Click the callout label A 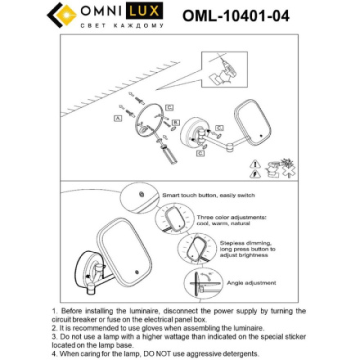point(119,118)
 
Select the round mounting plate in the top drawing point(147,123)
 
